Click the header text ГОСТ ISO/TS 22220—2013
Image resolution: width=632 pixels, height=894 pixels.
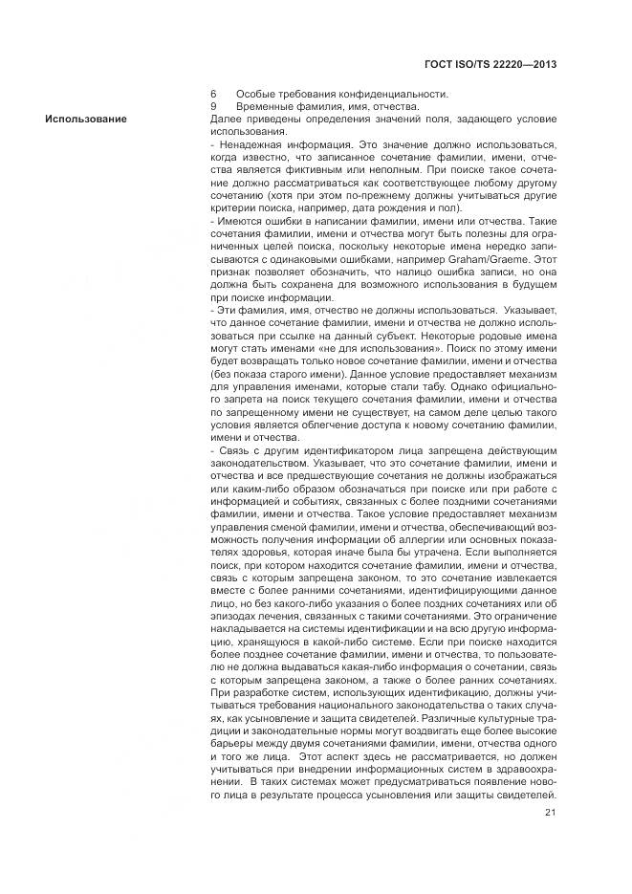[490, 63]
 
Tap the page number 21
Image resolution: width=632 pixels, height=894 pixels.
[551, 814]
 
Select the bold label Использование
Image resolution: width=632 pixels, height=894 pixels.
[84, 118]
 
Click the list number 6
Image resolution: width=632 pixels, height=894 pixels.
[213, 94]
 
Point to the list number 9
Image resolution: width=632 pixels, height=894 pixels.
[213, 106]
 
